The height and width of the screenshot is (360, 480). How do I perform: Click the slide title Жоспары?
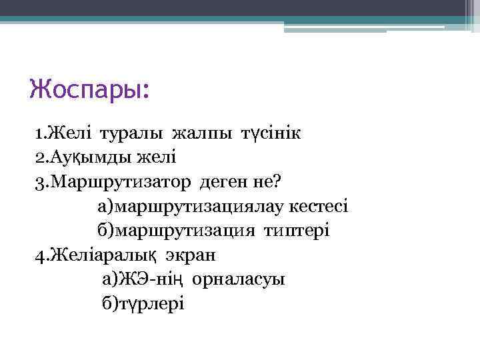coord(90,89)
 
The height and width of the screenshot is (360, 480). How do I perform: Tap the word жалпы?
coord(201,133)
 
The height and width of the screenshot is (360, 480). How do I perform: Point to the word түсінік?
coord(267,133)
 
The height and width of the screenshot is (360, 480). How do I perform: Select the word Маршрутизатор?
coord(121,182)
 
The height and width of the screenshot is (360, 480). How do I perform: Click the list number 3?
coord(41,182)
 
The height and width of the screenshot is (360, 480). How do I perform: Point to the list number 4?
coord(41,255)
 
